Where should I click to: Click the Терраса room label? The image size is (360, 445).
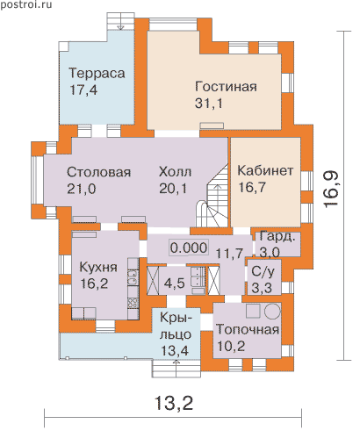tap(97, 73)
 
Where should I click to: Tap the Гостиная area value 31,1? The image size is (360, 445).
tap(209, 104)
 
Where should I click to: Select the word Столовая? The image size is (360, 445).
tap(98, 172)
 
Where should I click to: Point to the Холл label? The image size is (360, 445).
tap(175, 172)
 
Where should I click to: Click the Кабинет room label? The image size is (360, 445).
tap(265, 170)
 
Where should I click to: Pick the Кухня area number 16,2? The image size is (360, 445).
tap(94, 284)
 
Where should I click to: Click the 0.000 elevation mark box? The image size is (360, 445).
tap(189, 248)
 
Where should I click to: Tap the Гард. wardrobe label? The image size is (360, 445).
tap(277, 237)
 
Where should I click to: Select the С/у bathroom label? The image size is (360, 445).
tap(263, 272)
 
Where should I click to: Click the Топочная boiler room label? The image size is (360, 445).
tap(248, 330)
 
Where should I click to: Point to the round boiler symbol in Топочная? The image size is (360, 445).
tap(272, 311)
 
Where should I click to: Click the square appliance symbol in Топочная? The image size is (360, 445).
tap(253, 311)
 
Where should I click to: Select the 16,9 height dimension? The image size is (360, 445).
tap(331, 190)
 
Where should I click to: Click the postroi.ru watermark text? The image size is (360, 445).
tap(26, 4)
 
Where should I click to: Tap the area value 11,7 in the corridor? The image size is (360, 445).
tap(229, 253)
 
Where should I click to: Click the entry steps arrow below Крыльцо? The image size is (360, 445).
tap(176, 369)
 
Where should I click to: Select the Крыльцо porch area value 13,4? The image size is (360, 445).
tap(175, 350)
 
